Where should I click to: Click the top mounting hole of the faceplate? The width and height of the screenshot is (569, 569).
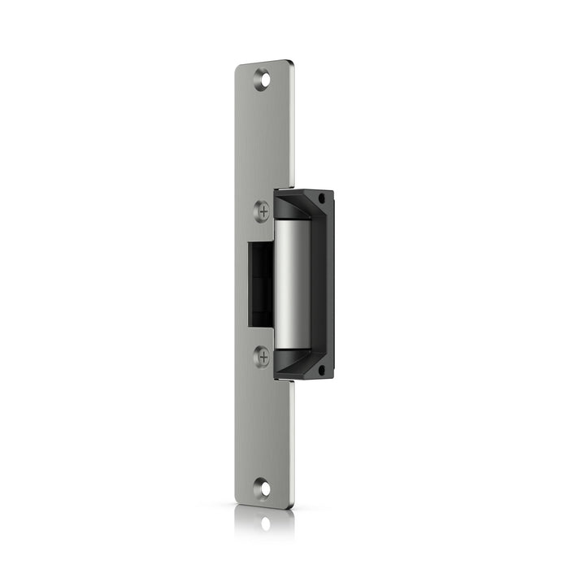tap(262, 79)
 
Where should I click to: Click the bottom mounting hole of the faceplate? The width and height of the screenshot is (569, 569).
tap(262, 489)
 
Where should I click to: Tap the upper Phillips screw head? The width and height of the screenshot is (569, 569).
tap(262, 211)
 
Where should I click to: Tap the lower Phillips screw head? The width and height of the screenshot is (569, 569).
tap(262, 356)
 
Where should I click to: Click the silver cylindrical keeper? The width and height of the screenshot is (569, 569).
tap(293, 284)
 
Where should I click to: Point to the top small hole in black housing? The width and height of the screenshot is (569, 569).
tap(322, 197)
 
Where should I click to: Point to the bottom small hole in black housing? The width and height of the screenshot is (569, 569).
tap(322, 369)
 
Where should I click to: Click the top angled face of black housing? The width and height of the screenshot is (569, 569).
tap(302, 202)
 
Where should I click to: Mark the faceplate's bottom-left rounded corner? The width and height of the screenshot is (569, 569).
tap(239, 502)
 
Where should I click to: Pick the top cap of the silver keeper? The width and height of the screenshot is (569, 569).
tap(293, 221)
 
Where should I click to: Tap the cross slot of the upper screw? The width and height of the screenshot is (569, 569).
tap(262, 211)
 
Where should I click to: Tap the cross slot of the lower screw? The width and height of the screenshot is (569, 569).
tap(262, 356)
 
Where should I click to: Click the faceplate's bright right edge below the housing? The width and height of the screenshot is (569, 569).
tap(292, 439)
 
